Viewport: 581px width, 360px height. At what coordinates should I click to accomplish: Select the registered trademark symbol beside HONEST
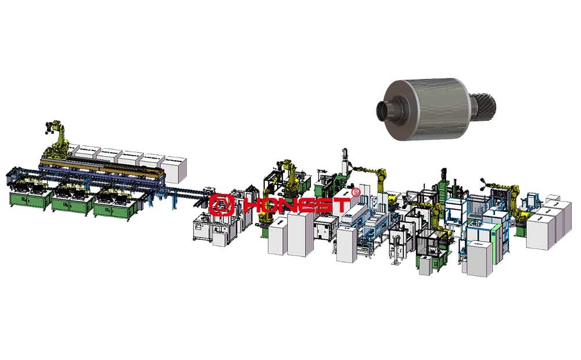356,192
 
